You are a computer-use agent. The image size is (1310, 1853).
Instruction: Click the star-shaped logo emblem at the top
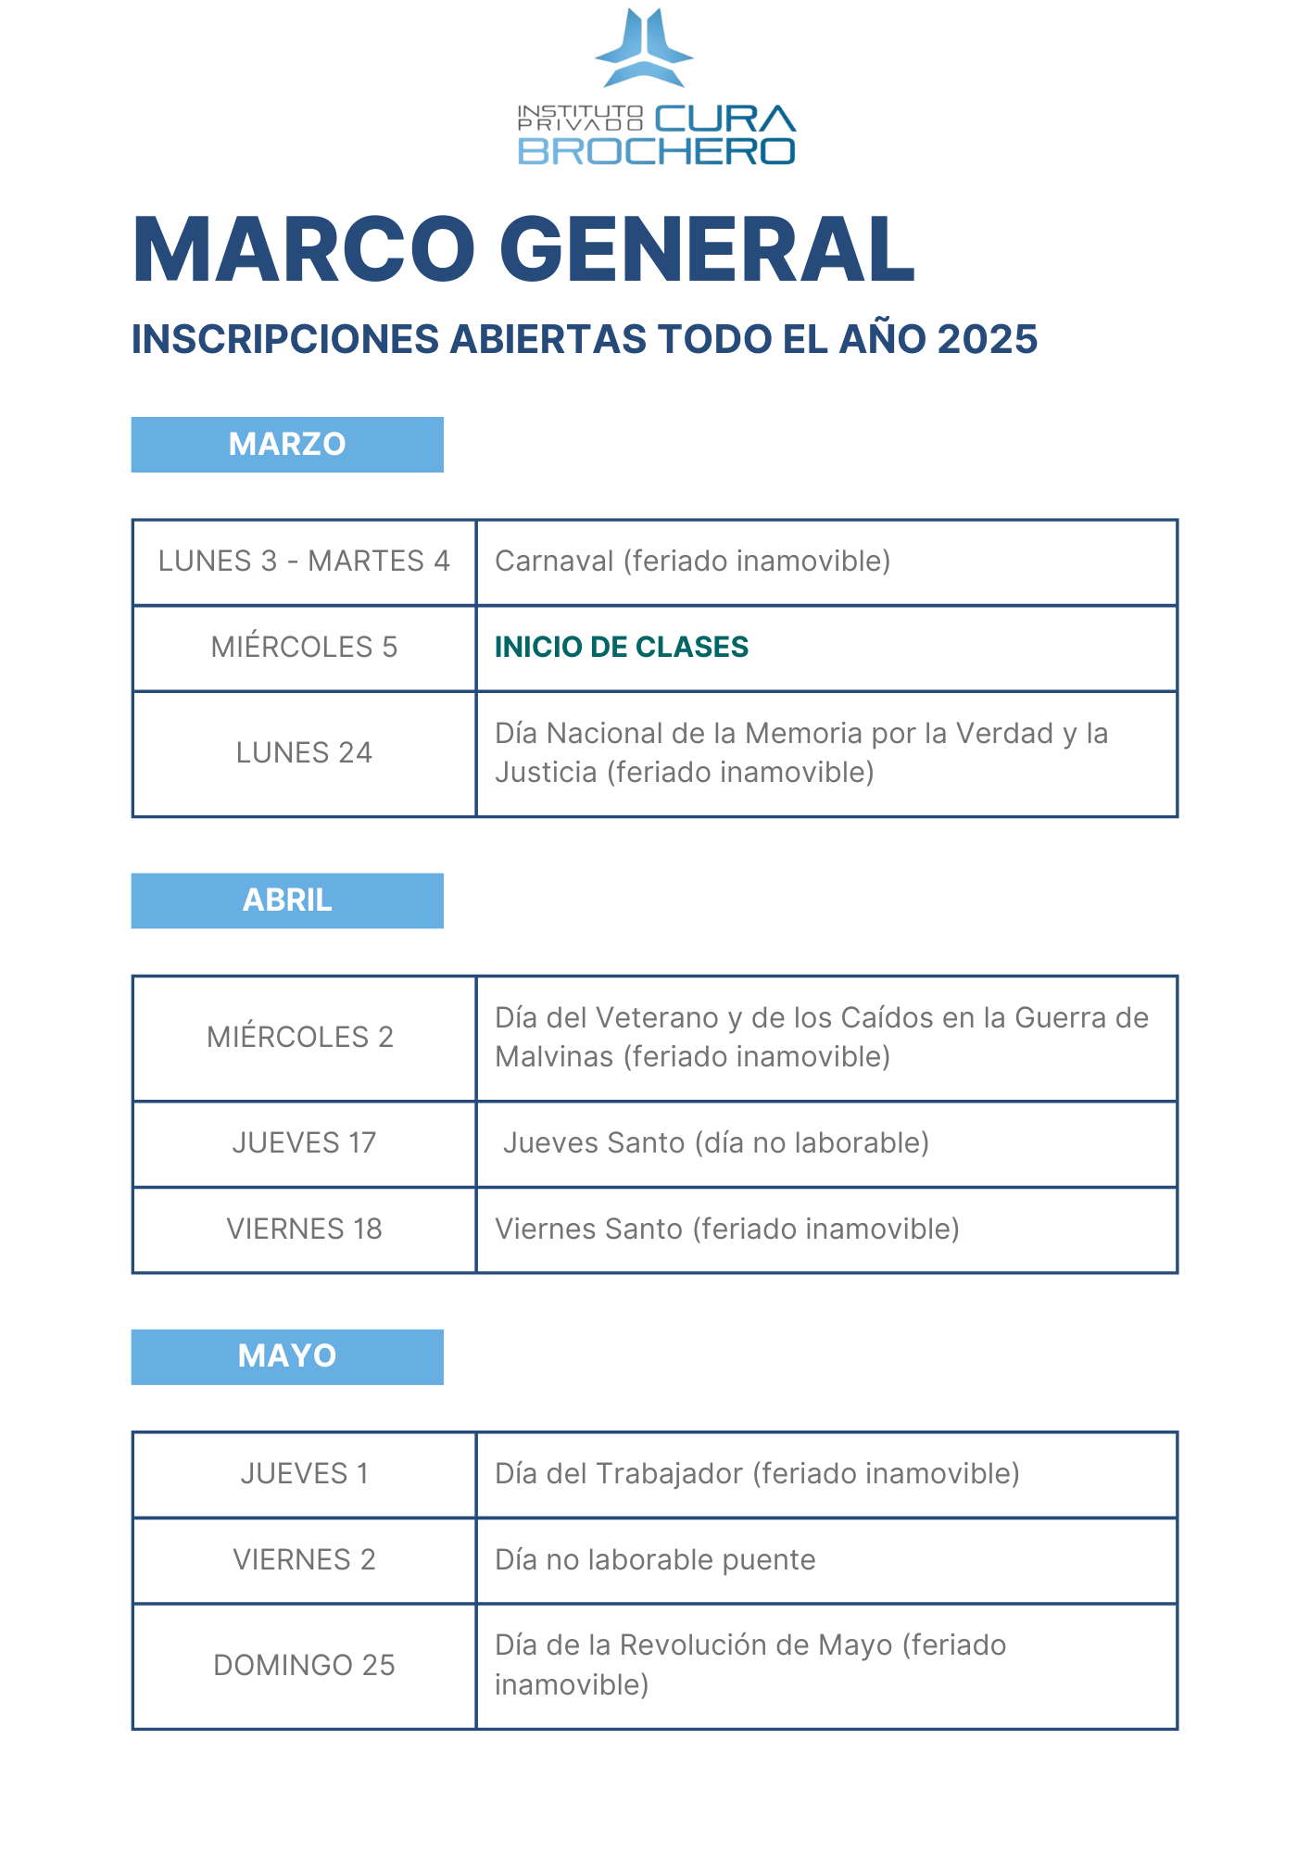pos(644,48)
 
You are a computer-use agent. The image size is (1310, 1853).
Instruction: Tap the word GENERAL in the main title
pos(707,249)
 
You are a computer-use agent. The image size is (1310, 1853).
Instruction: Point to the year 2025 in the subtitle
pos(987,339)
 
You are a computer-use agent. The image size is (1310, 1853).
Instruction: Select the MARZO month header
pos(287,445)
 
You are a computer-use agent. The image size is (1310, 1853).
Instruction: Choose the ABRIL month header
pos(287,901)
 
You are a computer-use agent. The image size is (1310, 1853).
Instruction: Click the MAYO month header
pos(287,1356)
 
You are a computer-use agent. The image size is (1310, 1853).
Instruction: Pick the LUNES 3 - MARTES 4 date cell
pos(304,561)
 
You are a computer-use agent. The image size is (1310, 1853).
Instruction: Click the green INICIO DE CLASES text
pos(621,647)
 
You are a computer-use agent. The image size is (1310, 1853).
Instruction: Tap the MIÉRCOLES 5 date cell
pos(304,647)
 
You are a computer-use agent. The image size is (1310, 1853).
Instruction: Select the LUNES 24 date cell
pos(304,752)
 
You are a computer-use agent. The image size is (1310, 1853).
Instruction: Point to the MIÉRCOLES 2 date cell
pos(300,1037)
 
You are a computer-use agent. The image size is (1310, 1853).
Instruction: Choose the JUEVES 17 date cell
pos(304,1143)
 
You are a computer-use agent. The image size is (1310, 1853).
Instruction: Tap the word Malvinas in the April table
pos(554,1057)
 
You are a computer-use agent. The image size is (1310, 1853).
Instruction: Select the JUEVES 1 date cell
pos(304,1474)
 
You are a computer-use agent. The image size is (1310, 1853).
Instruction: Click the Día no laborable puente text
pos(655,1560)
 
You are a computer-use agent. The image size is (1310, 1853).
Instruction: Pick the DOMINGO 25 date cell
pos(304,1666)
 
